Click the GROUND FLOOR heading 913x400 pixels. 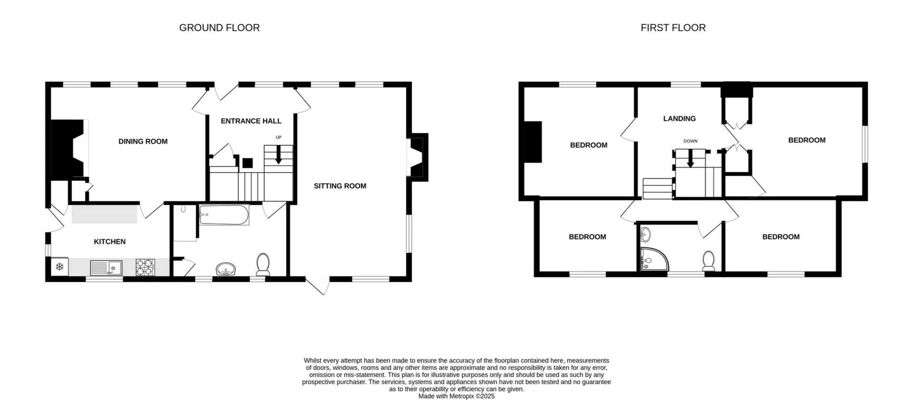pyautogui.click(x=219, y=28)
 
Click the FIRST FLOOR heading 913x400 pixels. pyautogui.click(x=673, y=28)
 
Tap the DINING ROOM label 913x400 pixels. pyautogui.click(x=143, y=141)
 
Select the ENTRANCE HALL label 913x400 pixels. pyautogui.click(x=251, y=121)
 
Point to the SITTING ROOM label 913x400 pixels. pyautogui.click(x=340, y=186)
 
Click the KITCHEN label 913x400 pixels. pyautogui.click(x=110, y=242)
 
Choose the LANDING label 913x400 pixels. pyautogui.click(x=679, y=118)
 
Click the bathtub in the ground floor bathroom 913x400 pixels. pyautogui.click(x=223, y=215)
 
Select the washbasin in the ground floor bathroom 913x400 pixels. pyautogui.click(x=226, y=270)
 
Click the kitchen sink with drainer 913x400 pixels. pyautogui.click(x=106, y=268)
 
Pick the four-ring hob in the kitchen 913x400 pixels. pyautogui.click(x=145, y=267)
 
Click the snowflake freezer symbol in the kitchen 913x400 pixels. pyautogui.click(x=60, y=267)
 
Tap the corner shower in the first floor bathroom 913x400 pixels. pyautogui.click(x=653, y=260)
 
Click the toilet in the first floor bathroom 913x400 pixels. pyautogui.click(x=709, y=261)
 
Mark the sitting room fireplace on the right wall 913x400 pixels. pyautogui.click(x=418, y=157)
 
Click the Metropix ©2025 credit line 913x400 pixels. pyautogui.click(x=456, y=396)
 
